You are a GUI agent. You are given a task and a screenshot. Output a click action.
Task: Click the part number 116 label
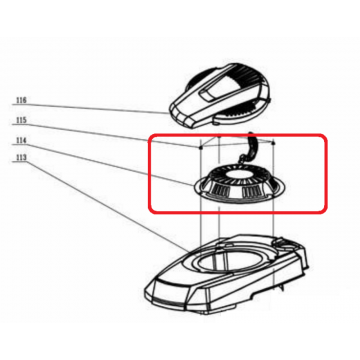click(21, 100)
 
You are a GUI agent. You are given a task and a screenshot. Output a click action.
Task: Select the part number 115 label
click(21, 120)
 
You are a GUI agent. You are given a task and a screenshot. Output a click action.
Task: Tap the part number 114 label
click(21, 141)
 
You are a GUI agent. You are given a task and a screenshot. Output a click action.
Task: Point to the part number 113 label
click(21, 158)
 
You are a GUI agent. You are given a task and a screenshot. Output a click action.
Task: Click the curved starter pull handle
click(251, 146)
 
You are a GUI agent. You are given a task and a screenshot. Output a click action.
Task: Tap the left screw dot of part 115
click(200, 147)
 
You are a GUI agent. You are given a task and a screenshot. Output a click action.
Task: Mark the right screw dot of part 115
click(273, 143)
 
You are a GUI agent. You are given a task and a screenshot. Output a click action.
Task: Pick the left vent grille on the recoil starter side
click(220, 192)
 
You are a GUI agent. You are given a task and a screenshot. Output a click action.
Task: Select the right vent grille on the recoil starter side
click(252, 192)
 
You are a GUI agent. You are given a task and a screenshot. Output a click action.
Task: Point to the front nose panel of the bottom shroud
click(168, 293)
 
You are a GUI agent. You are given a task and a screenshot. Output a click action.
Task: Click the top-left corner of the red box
click(149, 134)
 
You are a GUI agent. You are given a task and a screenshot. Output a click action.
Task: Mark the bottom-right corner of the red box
click(327, 211)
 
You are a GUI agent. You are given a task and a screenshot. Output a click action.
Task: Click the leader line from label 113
click(101, 206)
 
